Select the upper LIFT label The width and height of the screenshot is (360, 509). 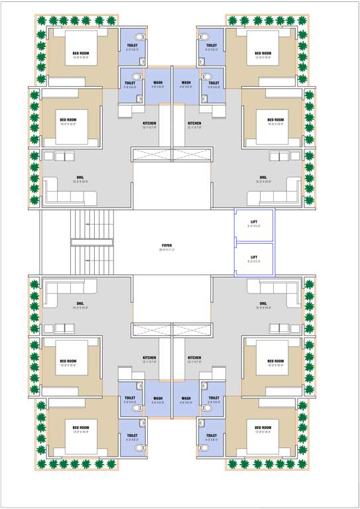click(x=254, y=221)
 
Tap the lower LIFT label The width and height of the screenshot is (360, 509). click(x=254, y=257)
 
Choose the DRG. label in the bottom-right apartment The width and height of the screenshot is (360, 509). click(x=263, y=304)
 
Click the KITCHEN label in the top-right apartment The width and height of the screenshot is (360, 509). click(x=194, y=123)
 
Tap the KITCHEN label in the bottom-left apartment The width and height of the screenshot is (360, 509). click(x=149, y=358)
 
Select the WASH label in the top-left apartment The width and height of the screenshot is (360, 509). click(x=158, y=83)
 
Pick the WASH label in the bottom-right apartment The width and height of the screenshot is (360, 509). click(x=186, y=399)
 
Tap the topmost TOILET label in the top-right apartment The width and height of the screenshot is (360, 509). click(x=211, y=45)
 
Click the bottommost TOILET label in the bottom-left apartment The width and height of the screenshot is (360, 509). click(x=131, y=435)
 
